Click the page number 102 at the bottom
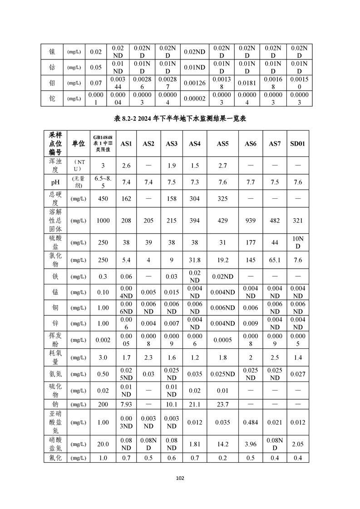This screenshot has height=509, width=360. click(x=180, y=478)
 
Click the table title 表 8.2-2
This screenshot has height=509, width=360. click(x=180, y=119)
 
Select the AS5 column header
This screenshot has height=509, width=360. click(x=222, y=144)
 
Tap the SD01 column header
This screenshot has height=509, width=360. click(x=297, y=144)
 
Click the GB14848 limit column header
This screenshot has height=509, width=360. click(x=103, y=144)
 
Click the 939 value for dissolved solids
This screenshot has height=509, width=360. click(x=251, y=220)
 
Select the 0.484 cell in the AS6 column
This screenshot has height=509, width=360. click(x=251, y=422)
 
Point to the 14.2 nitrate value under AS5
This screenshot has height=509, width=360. click(x=222, y=444)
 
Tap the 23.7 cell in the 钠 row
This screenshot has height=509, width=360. click(x=222, y=405)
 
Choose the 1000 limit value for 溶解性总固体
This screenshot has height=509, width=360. click(x=103, y=220)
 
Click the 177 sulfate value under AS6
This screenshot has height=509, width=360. click(x=251, y=243)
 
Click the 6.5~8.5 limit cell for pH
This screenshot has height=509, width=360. click(x=103, y=182)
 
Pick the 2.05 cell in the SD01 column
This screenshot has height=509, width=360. click(x=297, y=444)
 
